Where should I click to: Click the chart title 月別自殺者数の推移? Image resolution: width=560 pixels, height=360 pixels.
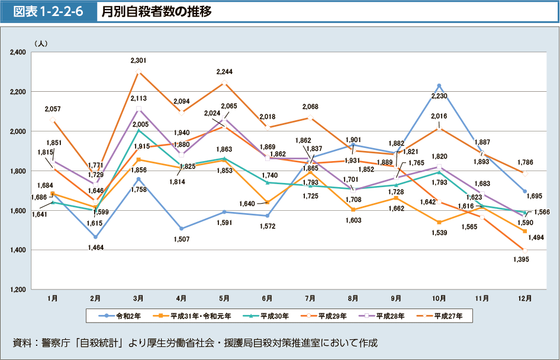point(156,11)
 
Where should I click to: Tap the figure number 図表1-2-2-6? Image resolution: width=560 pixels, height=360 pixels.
point(49,11)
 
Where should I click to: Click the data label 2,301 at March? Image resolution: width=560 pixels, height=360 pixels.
point(139,60)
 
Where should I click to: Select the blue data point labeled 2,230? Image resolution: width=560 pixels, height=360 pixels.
point(439,86)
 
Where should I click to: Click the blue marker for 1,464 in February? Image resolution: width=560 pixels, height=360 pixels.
point(95,237)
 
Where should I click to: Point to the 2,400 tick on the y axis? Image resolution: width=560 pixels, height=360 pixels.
point(17,52)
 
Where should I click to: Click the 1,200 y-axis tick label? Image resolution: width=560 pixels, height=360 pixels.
point(17,290)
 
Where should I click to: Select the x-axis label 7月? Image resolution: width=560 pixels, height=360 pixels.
point(310,298)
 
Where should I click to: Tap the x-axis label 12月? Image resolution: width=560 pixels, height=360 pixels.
point(524,298)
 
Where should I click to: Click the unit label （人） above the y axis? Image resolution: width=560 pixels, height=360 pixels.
point(41,43)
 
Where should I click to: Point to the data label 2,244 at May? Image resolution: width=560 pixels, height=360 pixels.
point(224,72)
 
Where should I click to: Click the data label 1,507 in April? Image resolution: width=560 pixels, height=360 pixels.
point(181,239)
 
